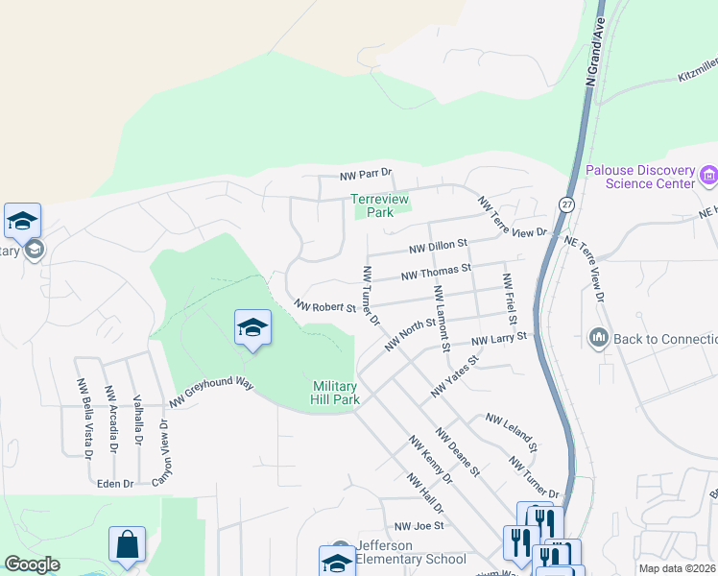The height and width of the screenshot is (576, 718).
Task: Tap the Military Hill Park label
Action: [336, 393]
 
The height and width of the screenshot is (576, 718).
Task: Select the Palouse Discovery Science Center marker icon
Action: [709, 175]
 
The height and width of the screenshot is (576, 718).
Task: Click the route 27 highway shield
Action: [566, 204]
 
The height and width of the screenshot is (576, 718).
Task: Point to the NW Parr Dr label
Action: [367, 175]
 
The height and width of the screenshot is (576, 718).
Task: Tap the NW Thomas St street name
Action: [437, 274]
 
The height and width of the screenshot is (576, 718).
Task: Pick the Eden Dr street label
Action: [115, 484]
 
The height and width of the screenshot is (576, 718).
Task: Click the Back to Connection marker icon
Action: [598, 338]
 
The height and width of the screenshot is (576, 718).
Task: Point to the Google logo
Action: [32, 564]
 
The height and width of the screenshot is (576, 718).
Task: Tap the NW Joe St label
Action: [419, 526]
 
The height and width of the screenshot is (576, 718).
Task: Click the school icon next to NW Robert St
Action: [252, 327]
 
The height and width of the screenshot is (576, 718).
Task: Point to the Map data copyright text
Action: [677, 568]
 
